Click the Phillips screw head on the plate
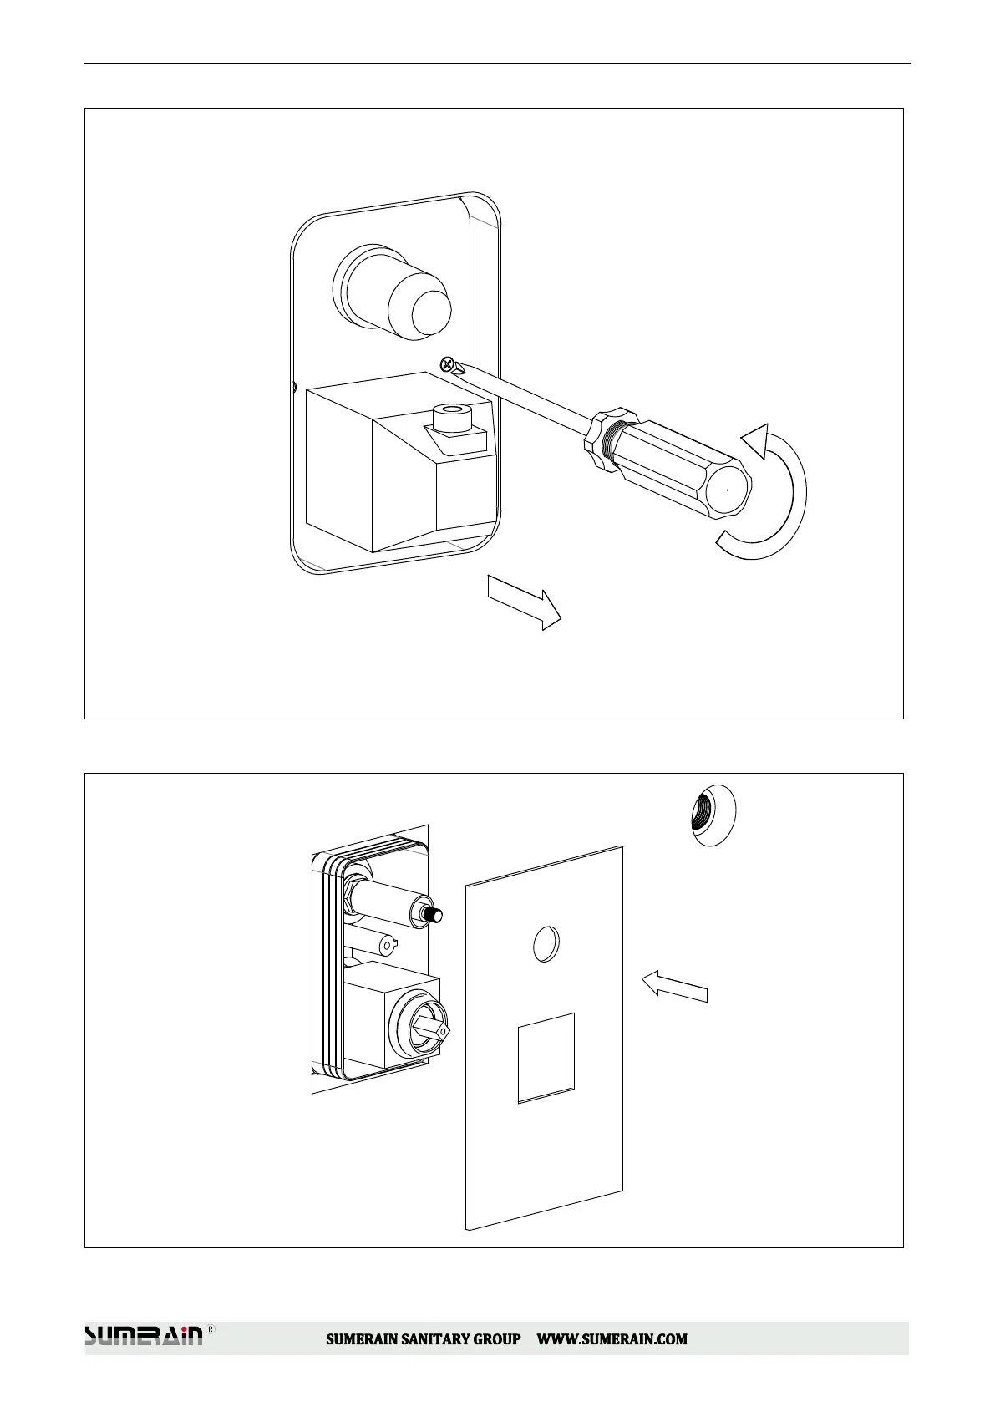point(448,364)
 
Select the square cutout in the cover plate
point(546,1057)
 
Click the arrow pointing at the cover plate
point(675,985)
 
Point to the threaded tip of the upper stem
point(434,917)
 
